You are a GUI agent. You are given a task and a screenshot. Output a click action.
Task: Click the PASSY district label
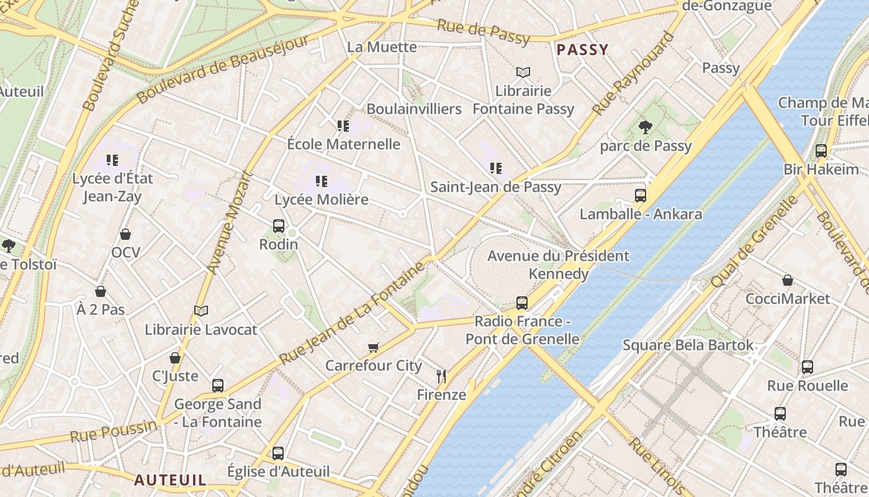click(582, 50)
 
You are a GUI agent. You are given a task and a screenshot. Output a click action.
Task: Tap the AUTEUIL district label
click(170, 480)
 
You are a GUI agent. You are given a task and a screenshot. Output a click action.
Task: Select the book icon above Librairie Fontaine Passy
click(523, 73)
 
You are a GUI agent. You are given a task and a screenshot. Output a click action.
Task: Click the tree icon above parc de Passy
click(646, 127)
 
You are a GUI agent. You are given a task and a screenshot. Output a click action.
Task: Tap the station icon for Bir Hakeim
click(821, 151)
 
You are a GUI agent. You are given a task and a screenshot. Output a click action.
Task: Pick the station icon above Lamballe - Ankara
click(641, 196)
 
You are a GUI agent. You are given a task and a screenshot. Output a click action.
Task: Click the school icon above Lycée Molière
click(322, 181)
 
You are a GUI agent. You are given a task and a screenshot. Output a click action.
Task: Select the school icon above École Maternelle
click(343, 126)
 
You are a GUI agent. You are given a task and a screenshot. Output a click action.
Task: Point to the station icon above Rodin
click(279, 226)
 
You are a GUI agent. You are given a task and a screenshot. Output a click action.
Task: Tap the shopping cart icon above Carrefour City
click(373, 347)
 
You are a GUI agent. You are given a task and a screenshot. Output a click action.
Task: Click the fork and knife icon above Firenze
click(441, 376)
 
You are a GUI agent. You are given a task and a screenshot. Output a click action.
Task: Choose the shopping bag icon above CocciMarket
click(788, 280)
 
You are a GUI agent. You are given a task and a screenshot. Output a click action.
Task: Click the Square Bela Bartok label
click(688, 345)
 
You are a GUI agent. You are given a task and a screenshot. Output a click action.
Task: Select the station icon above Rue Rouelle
click(807, 367)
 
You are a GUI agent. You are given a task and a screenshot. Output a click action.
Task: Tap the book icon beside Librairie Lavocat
click(200, 311)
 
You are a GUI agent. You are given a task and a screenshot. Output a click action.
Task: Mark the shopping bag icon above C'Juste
click(175, 358)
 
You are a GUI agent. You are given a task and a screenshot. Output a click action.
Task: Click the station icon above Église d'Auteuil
click(278, 453)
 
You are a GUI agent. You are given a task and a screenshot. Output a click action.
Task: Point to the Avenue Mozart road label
click(230, 222)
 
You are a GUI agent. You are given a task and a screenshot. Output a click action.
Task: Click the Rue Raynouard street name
click(634, 73)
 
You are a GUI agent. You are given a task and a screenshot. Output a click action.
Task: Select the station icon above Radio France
click(522, 303)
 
